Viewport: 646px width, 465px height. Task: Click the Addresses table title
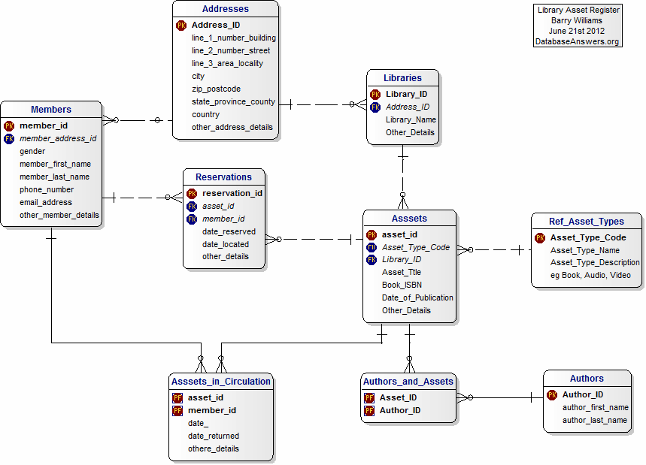225,9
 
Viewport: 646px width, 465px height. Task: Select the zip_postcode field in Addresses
216,89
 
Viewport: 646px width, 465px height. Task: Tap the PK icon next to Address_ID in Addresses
181,25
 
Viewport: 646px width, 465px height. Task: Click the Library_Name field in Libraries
411,119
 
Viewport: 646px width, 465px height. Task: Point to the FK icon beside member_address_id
9,138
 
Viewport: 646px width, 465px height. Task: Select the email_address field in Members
46,202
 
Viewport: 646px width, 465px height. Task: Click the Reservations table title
223,177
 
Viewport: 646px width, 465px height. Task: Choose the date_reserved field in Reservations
229,231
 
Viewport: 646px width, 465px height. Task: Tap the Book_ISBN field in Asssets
402,285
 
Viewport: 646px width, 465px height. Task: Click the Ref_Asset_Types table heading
587,222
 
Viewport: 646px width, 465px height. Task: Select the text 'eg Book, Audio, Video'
590,275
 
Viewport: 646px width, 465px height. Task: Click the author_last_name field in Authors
595,420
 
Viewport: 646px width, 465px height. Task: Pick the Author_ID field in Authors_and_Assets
399,410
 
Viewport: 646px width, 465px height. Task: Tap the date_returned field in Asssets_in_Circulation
214,436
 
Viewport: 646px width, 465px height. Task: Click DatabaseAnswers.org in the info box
577,41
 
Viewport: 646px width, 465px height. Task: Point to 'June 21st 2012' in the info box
577,31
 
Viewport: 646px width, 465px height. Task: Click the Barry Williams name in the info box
577,20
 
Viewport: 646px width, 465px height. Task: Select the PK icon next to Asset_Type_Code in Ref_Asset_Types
540,237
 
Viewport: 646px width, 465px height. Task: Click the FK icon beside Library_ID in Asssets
372,259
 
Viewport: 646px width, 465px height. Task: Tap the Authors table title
587,379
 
